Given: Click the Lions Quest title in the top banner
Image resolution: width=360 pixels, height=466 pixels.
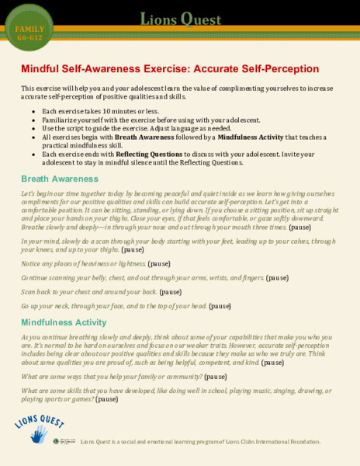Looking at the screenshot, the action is click(180, 19).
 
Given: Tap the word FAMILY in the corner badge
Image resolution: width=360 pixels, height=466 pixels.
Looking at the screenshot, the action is click(29, 29).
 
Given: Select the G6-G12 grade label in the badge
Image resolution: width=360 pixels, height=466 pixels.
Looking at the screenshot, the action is click(29, 37).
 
